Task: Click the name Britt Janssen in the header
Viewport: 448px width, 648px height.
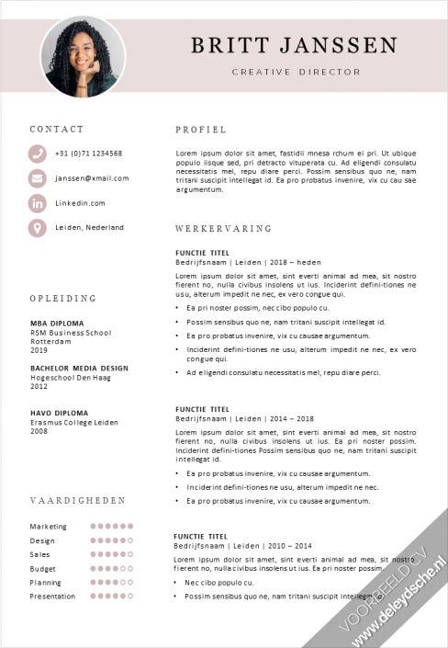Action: click(x=295, y=46)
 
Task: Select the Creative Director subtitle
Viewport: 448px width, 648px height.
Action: click(x=296, y=72)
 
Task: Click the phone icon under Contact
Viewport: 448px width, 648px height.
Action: click(x=37, y=153)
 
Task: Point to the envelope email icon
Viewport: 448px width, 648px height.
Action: click(x=37, y=178)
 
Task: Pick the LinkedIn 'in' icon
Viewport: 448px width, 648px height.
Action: click(x=37, y=203)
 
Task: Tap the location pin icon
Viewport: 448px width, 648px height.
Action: click(x=37, y=227)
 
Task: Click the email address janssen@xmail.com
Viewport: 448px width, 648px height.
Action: click(x=92, y=178)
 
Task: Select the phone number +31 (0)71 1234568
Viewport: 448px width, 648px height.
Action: click(x=88, y=153)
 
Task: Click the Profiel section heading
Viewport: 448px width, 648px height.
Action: click(x=200, y=130)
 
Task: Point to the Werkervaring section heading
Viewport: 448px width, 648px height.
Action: click(x=223, y=228)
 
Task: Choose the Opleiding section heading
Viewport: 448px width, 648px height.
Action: click(x=62, y=299)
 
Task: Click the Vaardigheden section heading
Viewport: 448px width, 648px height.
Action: click(x=77, y=501)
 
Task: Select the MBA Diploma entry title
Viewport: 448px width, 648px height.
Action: click(x=57, y=324)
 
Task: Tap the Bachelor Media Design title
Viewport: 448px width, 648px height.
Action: click(x=79, y=368)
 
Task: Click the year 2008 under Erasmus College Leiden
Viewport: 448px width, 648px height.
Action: click(x=39, y=430)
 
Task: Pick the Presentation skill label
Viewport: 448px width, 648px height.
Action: click(x=52, y=597)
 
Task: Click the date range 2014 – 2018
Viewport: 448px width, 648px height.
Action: click(x=292, y=418)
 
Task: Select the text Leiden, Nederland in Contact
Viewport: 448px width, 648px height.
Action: click(x=89, y=227)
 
